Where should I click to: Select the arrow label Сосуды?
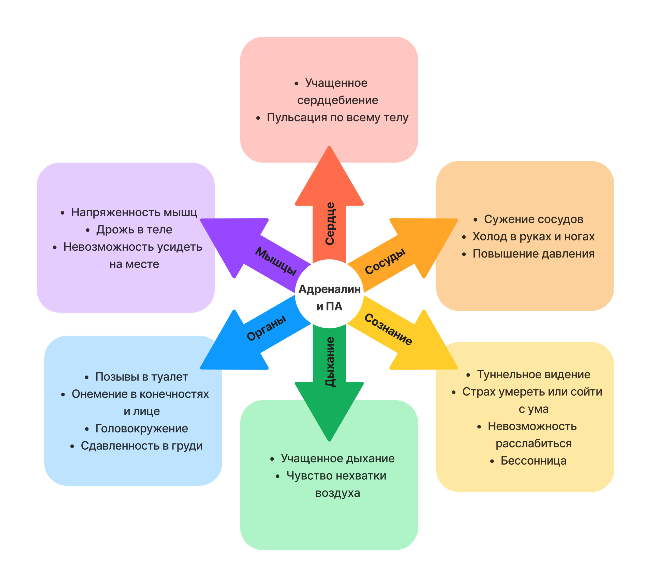[x=385, y=262]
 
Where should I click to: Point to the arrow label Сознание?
[x=388, y=329]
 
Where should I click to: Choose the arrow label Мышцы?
[x=276, y=261]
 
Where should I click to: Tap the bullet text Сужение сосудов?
[x=533, y=219]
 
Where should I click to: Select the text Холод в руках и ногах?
[x=533, y=236]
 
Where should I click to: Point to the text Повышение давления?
[x=533, y=254]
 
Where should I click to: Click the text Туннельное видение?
[x=533, y=375]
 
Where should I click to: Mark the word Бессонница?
[x=533, y=461]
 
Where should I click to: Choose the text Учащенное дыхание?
[x=337, y=458]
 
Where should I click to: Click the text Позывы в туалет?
[x=141, y=377]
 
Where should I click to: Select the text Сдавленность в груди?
[x=141, y=446]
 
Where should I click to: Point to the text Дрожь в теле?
[x=134, y=230]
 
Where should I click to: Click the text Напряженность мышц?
[x=134, y=212]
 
